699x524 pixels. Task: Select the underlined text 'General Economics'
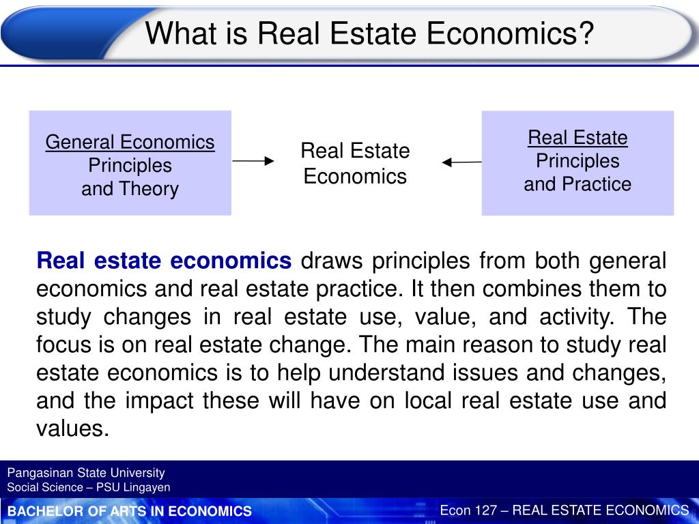(x=130, y=143)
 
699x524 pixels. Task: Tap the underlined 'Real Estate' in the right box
(x=577, y=138)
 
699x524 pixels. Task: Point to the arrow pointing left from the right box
(x=462, y=162)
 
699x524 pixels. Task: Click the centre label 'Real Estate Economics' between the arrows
(x=355, y=164)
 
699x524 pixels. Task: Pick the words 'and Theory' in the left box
(x=130, y=189)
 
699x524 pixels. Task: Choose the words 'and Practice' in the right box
(x=577, y=184)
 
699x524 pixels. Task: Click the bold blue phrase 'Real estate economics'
(x=164, y=261)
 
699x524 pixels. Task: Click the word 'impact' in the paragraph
(x=162, y=401)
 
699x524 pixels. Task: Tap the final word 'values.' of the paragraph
(x=72, y=429)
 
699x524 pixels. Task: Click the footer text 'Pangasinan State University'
(x=86, y=472)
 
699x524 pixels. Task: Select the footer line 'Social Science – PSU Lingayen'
(x=89, y=487)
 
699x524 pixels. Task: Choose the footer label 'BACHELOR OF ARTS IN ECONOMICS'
(x=130, y=511)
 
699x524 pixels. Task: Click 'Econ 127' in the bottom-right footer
(x=468, y=510)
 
